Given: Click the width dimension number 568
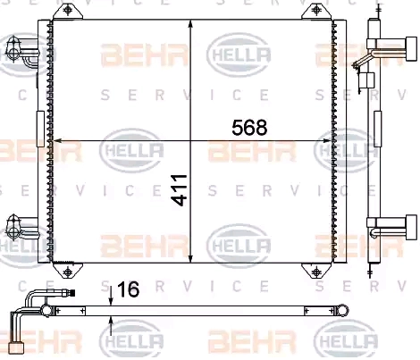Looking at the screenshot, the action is click(249, 128).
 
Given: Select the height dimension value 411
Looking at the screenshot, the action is click(181, 190).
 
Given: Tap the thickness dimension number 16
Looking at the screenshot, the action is click(129, 289).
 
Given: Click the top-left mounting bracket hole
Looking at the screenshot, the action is click(68, 11).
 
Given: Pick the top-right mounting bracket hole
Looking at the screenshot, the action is click(316, 11).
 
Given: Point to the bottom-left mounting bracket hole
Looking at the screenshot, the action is click(68, 272).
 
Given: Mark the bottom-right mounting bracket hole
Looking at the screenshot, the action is click(316, 272).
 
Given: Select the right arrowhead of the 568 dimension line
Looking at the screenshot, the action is click(327, 141).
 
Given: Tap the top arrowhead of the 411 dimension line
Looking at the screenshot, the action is click(190, 24).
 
